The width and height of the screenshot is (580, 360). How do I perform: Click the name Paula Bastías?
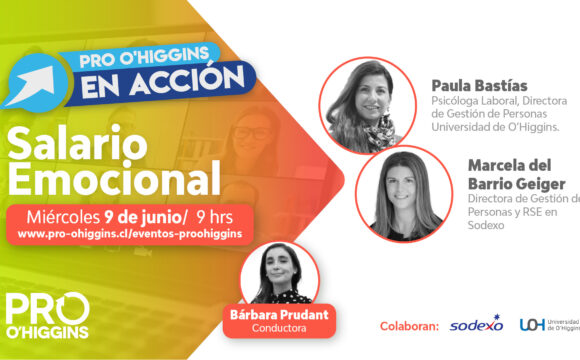pos(479,86)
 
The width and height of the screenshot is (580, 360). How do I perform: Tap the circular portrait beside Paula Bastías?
pos(368,105)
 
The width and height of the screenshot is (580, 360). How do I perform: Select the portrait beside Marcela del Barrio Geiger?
pos(404,194)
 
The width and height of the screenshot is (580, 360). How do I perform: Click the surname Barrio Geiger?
pos(516,184)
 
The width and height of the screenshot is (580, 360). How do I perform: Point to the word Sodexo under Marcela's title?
pos(486,225)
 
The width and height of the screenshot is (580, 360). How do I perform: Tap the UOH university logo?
pos(549,324)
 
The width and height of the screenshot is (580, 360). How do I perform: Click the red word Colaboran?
pos(409,326)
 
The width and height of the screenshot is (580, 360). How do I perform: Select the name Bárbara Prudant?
pos(279,314)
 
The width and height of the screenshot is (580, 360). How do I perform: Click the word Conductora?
pos(279,328)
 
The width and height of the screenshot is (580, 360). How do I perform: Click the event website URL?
pos(130,234)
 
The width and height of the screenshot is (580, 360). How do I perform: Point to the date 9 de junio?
pos(142,217)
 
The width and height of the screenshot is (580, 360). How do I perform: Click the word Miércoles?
pos(63,217)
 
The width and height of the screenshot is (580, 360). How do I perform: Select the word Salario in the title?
pos(77,143)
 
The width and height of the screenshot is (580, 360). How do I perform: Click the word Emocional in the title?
pos(114,178)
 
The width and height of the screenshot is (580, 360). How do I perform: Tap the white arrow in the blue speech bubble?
pos(31,85)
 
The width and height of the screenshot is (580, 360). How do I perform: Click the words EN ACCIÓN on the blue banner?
pos(163,82)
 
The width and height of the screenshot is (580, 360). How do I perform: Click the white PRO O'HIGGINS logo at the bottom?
pos(48,316)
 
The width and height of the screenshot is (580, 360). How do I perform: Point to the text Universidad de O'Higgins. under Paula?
pos(495,127)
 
